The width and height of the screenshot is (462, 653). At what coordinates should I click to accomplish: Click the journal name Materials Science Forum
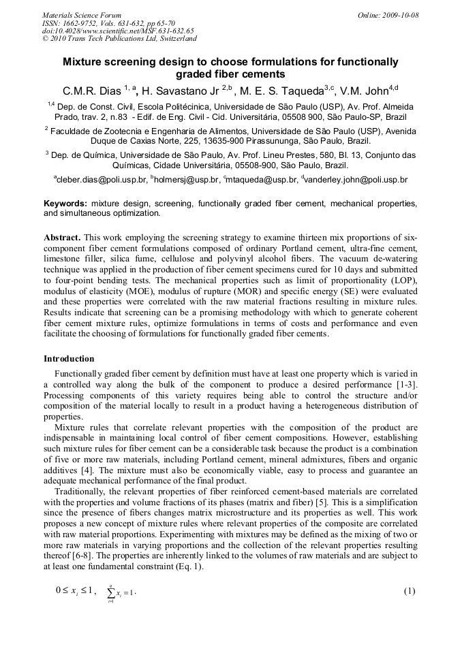(82, 15)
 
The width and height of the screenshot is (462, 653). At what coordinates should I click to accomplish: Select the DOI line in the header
(117, 31)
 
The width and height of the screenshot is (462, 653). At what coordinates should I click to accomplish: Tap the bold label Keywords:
(65, 204)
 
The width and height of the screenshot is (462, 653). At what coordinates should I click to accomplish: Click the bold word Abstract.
(62, 238)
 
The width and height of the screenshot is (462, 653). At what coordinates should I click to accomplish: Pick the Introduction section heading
(69, 359)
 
